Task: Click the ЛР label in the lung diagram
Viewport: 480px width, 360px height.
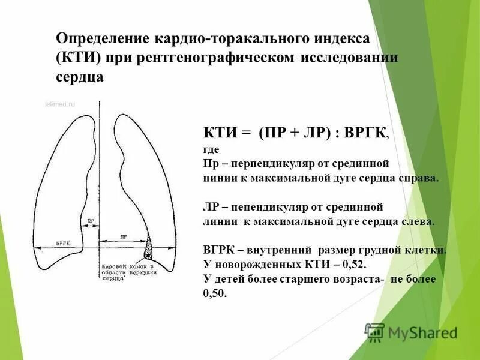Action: (x=124, y=237)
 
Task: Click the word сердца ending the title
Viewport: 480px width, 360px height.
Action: (x=79, y=76)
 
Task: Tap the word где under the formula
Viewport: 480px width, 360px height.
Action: (x=212, y=149)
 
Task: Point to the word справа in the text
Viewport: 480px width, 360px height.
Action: (x=417, y=178)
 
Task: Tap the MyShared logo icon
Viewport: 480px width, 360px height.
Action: (x=375, y=332)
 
